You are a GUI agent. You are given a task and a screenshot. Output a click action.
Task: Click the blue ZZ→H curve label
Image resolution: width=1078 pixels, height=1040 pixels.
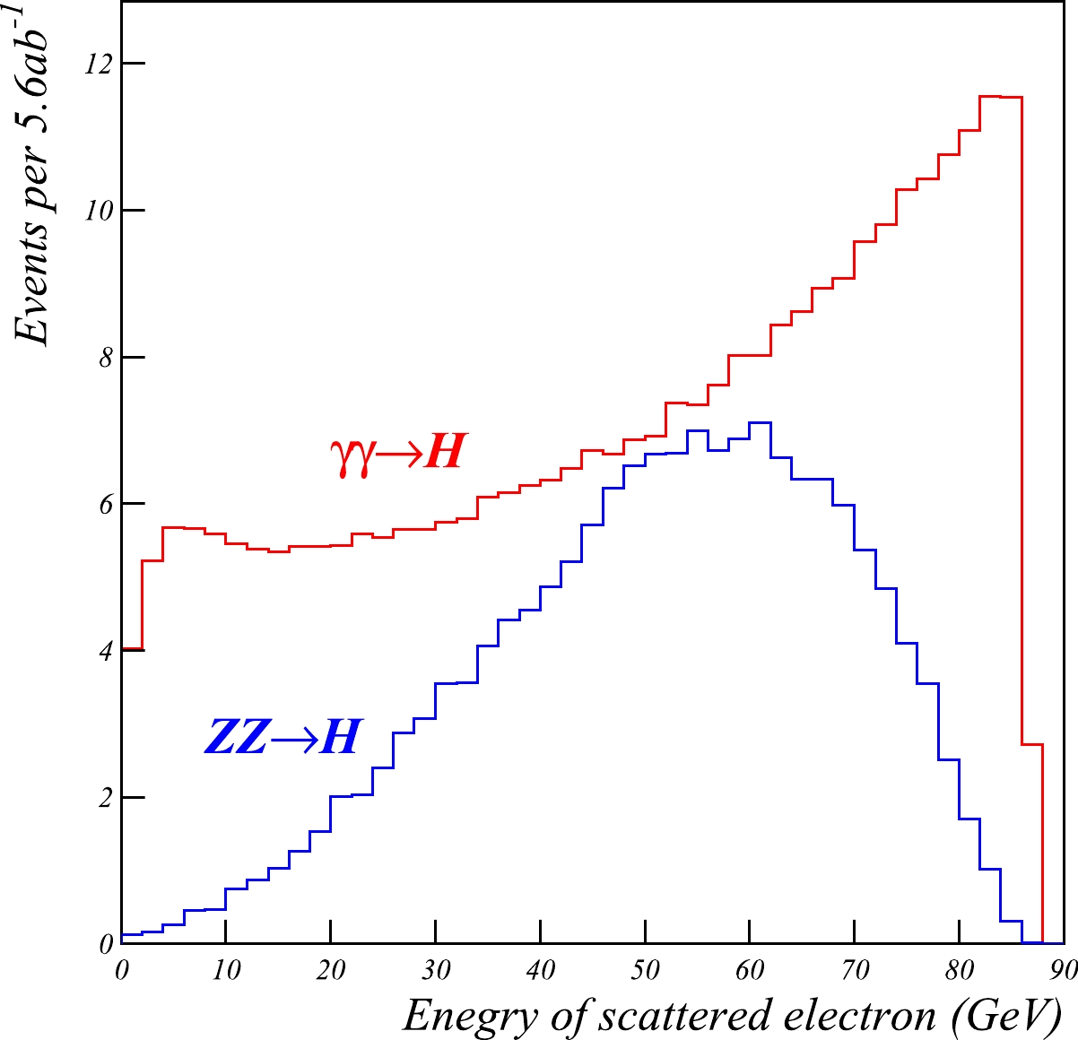pos(283,737)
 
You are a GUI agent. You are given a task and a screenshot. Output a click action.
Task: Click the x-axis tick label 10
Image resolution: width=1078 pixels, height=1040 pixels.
pos(226,971)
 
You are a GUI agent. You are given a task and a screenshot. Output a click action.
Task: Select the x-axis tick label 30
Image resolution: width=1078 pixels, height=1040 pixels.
pos(436,971)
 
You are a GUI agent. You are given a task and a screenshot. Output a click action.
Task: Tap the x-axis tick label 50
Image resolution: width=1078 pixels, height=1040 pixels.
pos(645,971)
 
